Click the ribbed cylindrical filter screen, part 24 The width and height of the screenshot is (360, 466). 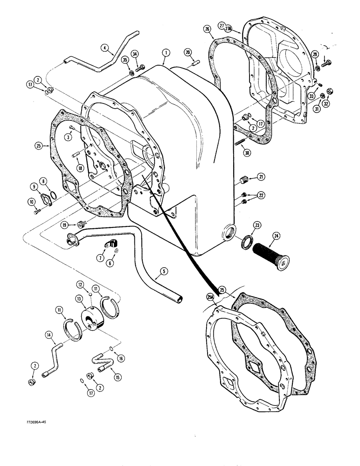click(270, 253)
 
